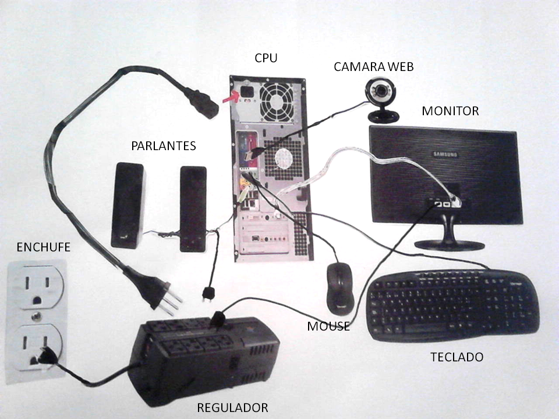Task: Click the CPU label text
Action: click(x=266, y=58)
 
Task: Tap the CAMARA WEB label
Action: click(x=373, y=67)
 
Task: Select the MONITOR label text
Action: click(x=450, y=111)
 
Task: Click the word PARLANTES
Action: click(x=163, y=145)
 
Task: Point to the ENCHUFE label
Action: click(x=44, y=247)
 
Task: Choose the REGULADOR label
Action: click(x=232, y=407)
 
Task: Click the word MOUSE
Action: click(x=328, y=326)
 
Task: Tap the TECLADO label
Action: click(x=457, y=357)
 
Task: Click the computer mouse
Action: click(x=339, y=286)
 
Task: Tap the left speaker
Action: click(x=128, y=205)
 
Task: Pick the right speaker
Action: click(x=193, y=209)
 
